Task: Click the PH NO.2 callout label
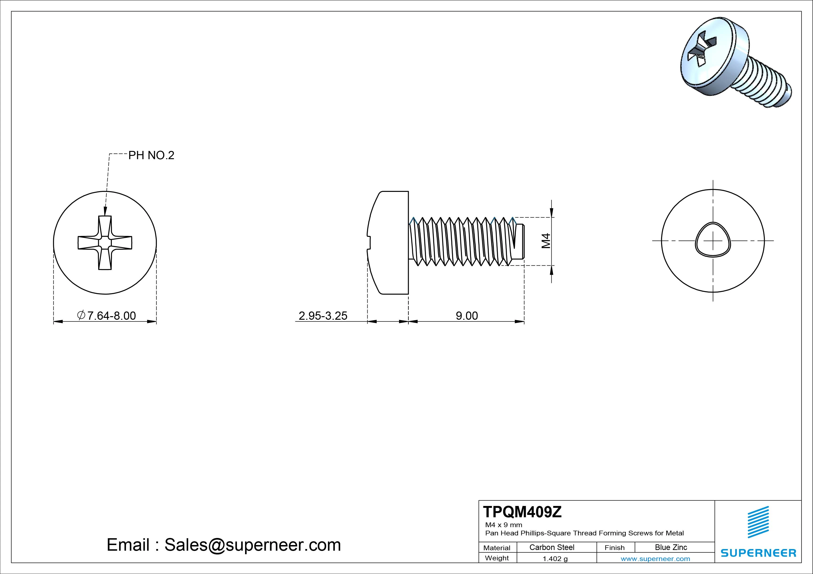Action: (151, 155)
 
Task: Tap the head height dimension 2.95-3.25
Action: (323, 315)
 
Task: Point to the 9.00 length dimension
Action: (467, 315)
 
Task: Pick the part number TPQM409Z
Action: (522, 512)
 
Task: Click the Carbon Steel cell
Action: (552, 547)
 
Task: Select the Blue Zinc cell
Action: (671, 547)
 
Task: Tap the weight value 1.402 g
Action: (555, 559)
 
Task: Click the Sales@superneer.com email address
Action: (252, 545)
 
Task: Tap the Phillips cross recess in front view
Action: (105, 243)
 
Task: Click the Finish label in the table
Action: (615, 547)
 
